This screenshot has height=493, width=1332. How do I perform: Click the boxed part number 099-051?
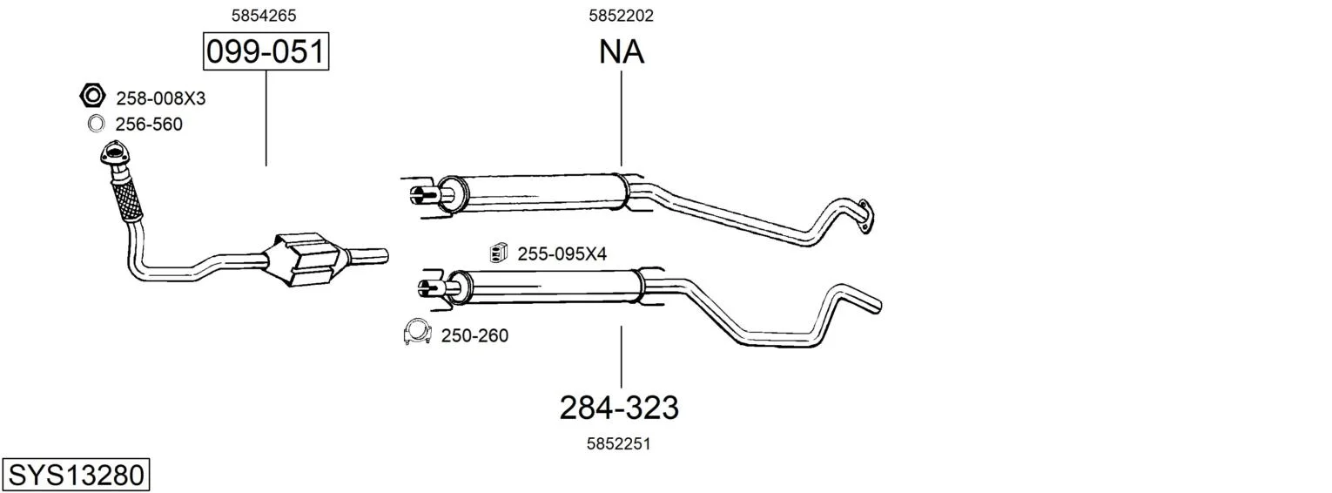pos(266,51)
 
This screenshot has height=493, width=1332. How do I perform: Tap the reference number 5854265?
pos(264,16)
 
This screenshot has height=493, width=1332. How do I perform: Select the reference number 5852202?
pos(621,16)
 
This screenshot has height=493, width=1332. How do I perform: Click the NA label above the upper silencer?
pos(622,51)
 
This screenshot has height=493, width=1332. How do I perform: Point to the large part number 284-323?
pos(619,408)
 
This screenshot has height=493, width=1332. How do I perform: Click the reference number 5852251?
pos(618,443)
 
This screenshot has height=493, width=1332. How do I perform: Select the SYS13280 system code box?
pos(76,476)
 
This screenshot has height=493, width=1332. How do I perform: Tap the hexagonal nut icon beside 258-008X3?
pos(92,95)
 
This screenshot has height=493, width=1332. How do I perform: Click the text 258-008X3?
pos(160,98)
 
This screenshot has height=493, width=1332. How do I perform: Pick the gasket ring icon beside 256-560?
pos(96,124)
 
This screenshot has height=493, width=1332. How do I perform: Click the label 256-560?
pos(149,125)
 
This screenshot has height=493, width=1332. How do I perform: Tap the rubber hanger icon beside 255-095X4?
pos(498,253)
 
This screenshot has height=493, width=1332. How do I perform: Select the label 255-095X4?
pos(562,254)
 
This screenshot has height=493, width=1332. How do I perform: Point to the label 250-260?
pos(474,335)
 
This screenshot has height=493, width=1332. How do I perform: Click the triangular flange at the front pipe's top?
pos(112,152)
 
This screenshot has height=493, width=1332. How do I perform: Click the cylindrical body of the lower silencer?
pos(546,287)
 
